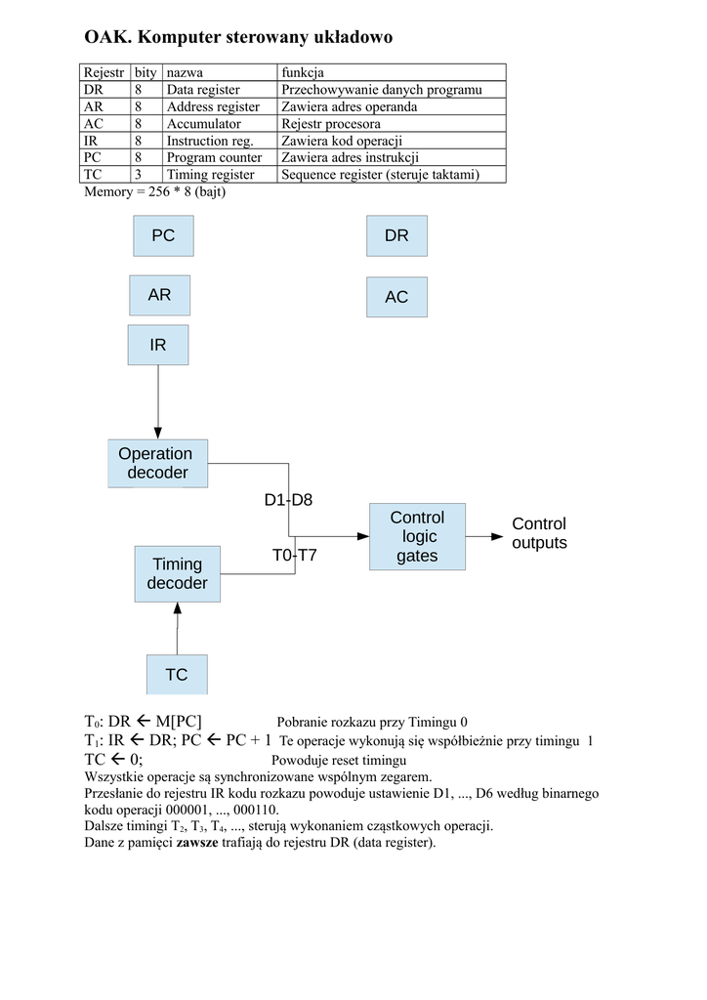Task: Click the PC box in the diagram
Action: [x=162, y=235]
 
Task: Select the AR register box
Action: [x=159, y=295]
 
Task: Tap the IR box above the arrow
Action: [x=158, y=346]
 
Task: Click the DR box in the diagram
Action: [x=396, y=235]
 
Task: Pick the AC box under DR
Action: [x=396, y=297]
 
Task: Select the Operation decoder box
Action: [x=156, y=463]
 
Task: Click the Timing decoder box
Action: [x=177, y=573]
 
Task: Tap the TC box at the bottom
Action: [x=177, y=675]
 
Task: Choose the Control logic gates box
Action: [x=417, y=536]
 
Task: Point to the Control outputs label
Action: [x=539, y=533]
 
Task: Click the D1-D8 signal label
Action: [x=288, y=500]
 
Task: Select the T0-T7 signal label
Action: [x=294, y=556]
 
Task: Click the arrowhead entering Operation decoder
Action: [x=158, y=433]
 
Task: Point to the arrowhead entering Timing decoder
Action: [x=177, y=608]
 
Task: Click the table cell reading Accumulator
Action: [x=203, y=124]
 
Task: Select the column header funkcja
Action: [x=303, y=72]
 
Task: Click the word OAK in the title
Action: [x=106, y=38]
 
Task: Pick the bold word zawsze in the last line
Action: [x=196, y=842]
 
